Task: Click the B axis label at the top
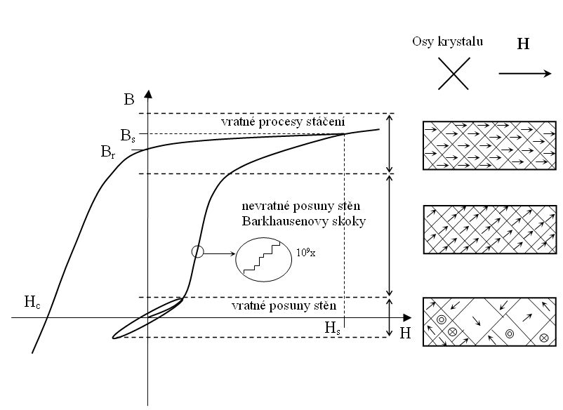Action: tap(128, 100)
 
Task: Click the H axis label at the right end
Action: tap(405, 333)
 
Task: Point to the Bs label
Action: tap(128, 136)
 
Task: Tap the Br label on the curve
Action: tap(107, 152)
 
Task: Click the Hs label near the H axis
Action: tap(333, 327)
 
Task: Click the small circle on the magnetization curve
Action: tap(197, 252)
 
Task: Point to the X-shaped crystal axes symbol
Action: tap(454, 74)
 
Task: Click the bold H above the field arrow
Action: tap(523, 44)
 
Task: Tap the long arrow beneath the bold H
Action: tap(525, 73)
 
